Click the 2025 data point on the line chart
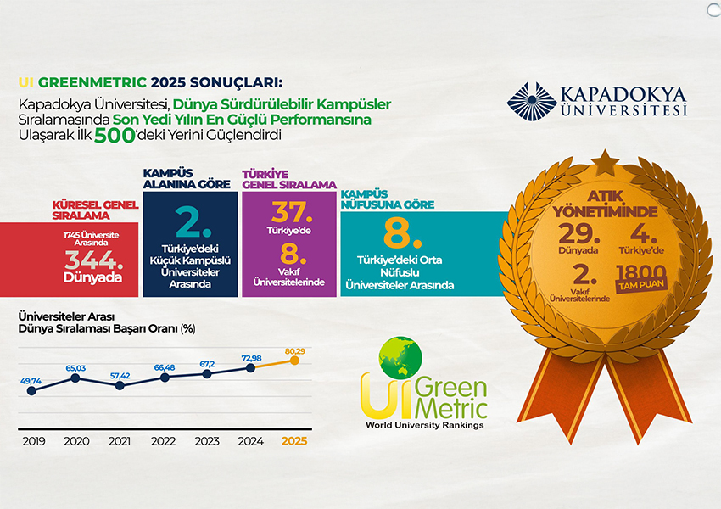(x=294, y=360)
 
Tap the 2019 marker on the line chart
(x=31, y=391)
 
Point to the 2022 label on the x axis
(x=163, y=441)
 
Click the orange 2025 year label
(x=293, y=441)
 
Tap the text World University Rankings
(x=424, y=425)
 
